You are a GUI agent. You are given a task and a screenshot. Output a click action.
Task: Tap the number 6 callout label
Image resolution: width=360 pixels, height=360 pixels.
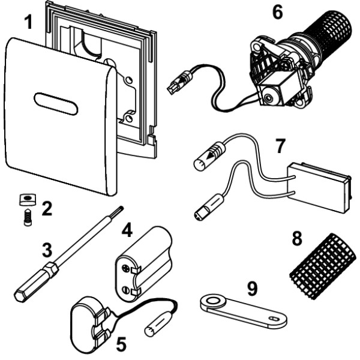point(277,12)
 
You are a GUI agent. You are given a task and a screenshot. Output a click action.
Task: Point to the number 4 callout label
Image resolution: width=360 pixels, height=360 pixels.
point(127,230)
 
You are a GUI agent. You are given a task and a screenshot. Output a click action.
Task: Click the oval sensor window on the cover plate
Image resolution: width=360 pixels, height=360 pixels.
point(55,104)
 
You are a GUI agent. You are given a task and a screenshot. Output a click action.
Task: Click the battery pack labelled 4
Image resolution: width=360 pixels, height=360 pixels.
point(143,260)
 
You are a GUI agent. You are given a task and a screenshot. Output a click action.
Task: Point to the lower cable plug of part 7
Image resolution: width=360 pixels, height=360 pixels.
point(207,210)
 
